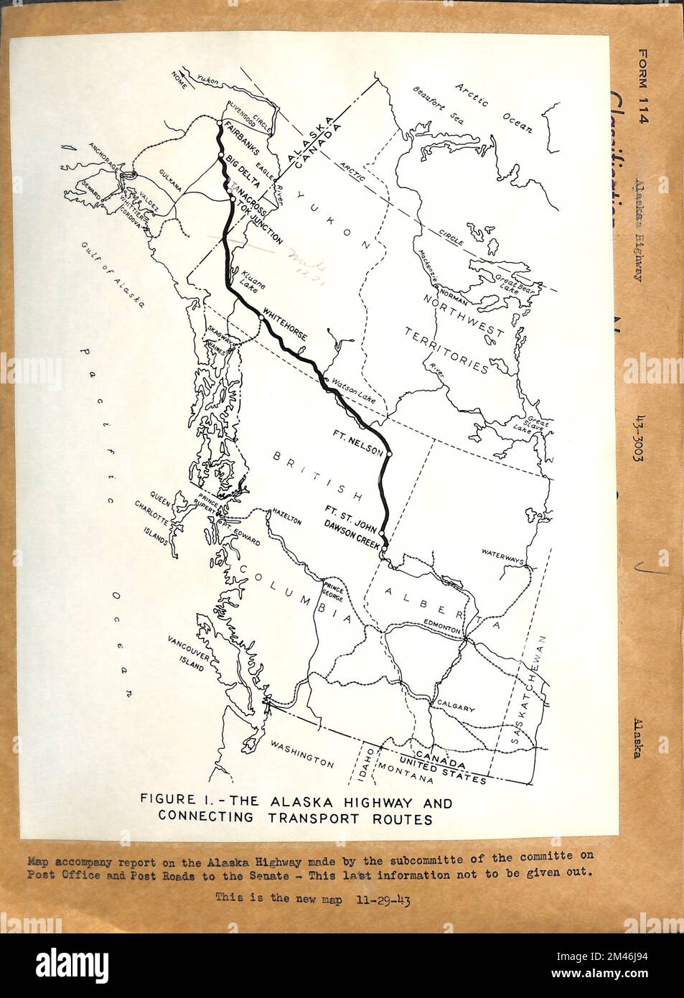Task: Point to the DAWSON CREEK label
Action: pos(351,545)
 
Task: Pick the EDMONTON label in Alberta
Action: pos(441,627)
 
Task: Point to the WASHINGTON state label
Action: pos(301,757)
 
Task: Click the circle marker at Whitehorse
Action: pos(260,316)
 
